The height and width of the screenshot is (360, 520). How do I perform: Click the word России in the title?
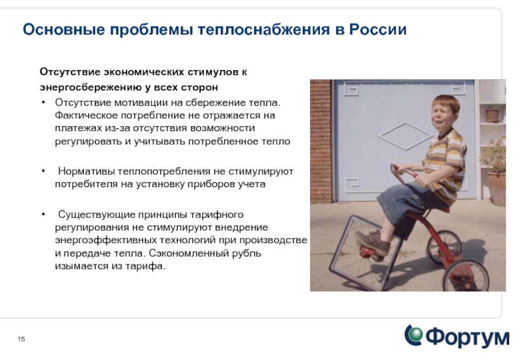click(378, 29)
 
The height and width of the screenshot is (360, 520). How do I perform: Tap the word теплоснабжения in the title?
click(264, 29)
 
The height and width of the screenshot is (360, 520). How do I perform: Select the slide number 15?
click(21, 339)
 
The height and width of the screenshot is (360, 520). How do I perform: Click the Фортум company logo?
click(457, 337)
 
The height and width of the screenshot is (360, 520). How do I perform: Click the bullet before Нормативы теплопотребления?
click(43, 172)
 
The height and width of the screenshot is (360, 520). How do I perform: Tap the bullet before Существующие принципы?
click(43, 214)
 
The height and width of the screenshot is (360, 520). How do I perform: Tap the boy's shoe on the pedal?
click(372, 242)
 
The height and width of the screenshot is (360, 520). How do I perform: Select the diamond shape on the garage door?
click(405, 136)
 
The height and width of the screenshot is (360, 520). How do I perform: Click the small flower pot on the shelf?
click(493, 115)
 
